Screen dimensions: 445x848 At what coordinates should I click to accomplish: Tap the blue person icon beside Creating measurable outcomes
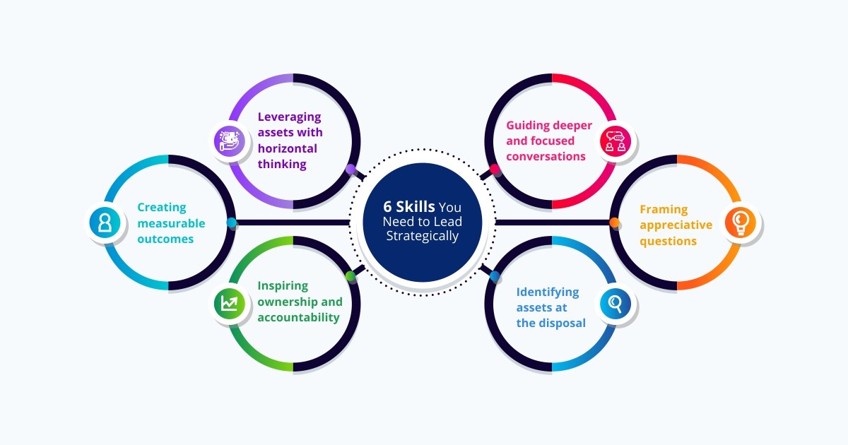click(105, 223)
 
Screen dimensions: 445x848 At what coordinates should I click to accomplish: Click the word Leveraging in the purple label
click(289, 117)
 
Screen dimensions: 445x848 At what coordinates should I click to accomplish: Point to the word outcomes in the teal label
click(165, 239)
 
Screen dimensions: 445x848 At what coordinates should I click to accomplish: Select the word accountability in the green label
click(298, 318)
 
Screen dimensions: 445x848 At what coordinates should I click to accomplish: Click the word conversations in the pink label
click(546, 157)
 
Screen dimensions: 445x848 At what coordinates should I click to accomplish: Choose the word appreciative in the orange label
click(676, 225)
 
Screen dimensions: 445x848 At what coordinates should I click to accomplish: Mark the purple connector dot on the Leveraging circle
click(351, 170)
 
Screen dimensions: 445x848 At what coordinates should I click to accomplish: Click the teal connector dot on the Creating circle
click(231, 223)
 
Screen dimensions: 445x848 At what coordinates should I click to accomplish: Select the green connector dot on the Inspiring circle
click(350, 275)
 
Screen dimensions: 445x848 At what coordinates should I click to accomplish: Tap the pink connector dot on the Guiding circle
click(495, 170)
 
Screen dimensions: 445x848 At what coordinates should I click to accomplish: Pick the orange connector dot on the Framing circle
click(614, 223)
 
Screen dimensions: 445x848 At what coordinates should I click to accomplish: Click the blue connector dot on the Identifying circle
click(495, 275)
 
